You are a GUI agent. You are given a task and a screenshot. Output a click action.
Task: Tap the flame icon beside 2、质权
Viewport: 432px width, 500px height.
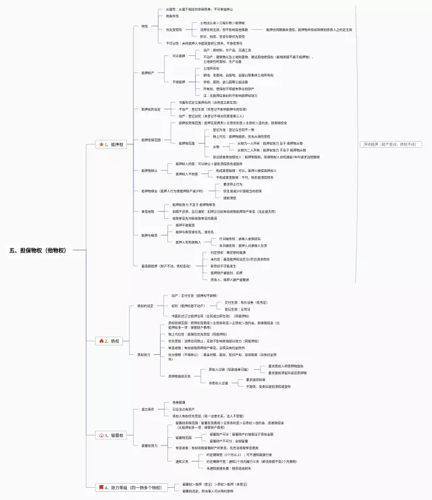point(101,341)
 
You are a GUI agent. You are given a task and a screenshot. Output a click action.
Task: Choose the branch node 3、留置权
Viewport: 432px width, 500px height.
point(115,435)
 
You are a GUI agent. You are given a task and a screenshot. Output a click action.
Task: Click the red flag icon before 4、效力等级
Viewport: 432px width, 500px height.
point(101,487)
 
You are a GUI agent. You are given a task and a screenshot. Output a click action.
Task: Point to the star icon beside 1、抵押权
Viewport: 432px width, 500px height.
point(101,144)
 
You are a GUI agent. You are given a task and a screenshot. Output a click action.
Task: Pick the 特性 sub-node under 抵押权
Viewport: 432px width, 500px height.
point(144,26)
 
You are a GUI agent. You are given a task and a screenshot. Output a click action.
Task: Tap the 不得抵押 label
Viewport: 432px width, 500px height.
point(178,82)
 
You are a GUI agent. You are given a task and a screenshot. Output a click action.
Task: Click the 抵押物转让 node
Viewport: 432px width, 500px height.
point(149,171)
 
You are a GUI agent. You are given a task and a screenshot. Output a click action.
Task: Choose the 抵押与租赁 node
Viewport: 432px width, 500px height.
point(149,235)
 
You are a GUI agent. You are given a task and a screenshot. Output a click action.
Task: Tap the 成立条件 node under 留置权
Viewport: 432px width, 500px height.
point(147,409)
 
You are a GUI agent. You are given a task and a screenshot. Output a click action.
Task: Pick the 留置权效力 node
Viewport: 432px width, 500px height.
point(149,445)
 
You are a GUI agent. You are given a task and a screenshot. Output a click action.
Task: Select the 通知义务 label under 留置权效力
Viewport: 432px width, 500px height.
point(182,462)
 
